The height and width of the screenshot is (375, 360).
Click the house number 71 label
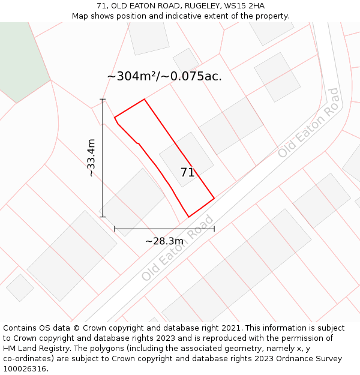click(x=187, y=172)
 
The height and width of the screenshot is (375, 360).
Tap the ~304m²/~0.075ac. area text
click(x=164, y=76)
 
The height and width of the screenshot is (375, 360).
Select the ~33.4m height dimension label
click(x=91, y=158)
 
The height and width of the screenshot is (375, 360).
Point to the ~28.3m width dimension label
click(x=164, y=241)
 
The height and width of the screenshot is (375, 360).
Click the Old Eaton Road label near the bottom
click(x=178, y=248)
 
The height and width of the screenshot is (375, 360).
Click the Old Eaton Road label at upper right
click(x=308, y=123)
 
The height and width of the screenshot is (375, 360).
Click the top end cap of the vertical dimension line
click(x=103, y=99)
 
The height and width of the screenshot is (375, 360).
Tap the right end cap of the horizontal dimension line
click(x=214, y=229)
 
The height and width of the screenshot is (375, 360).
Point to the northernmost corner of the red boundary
click(x=145, y=100)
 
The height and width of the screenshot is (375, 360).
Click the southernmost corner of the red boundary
click(x=189, y=217)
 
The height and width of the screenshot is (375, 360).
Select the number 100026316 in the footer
click(x=23, y=369)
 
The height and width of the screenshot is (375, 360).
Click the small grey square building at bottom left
click(x=20, y=287)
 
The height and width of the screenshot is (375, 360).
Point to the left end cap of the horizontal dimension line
click(x=115, y=229)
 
